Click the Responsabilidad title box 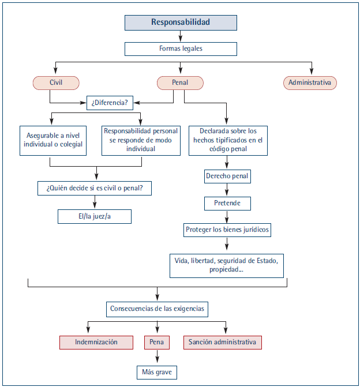pyautogui.click(x=181, y=22)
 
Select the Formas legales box pyautogui.click(x=181, y=49)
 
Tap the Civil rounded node pyautogui.click(x=56, y=83)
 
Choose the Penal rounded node pyautogui.click(x=180, y=83)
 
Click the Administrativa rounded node pyautogui.click(x=310, y=83)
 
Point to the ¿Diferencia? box pyautogui.click(x=110, y=103)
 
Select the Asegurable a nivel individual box pyautogui.click(x=53, y=141)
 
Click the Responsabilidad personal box pyautogui.click(x=141, y=141)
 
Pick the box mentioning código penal pyautogui.click(x=228, y=141)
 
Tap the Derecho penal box pyautogui.click(x=227, y=176)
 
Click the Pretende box pyautogui.click(x=227, y=204)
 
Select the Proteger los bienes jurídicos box pyautogui.click(x=227, y=230)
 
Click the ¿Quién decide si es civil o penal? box pyautogui.click(x=95, y=189)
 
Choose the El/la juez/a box pyautogui.click(x=95, y=217)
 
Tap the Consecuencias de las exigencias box pyautogui.click(x=157, y=309)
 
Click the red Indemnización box pyautogui.click(x=96, y=343)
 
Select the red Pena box pyautogui.click(x=157, y=343)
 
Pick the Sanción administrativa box pyautogui.click(x=223, y=343)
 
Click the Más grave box pyautogui.click(x=157, y=373)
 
